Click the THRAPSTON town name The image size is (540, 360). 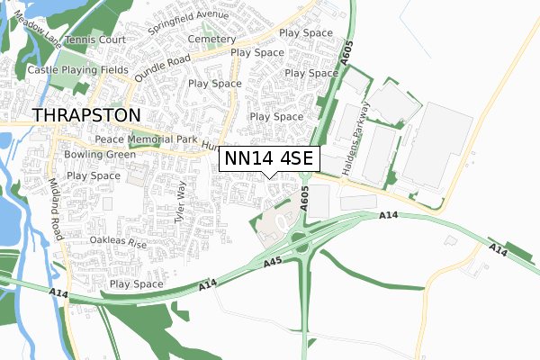pyautogui.click(x=87, y=115)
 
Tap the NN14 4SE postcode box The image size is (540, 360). pyautogui.click(x=268, y=158)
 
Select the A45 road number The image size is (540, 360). pyautogui.click(x=274, y=262)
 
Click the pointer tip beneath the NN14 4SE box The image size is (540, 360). pyautogui.click(x=268, y=176)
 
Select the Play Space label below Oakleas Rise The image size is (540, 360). pyautogui.click(x=137, y=284)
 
